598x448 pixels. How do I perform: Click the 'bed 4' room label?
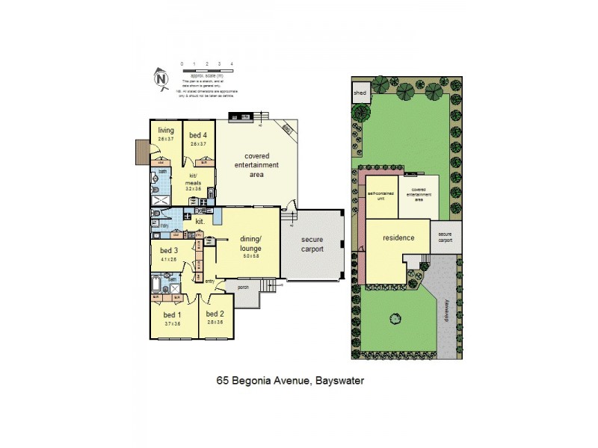198,134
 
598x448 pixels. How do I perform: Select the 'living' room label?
165,131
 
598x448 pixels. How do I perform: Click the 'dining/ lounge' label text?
250,243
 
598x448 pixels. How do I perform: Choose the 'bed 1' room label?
173,314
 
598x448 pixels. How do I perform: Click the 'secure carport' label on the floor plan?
312,244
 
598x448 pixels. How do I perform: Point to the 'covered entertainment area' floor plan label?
256,164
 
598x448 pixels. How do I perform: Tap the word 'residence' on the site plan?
398,238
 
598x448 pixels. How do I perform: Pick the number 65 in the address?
222,380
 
